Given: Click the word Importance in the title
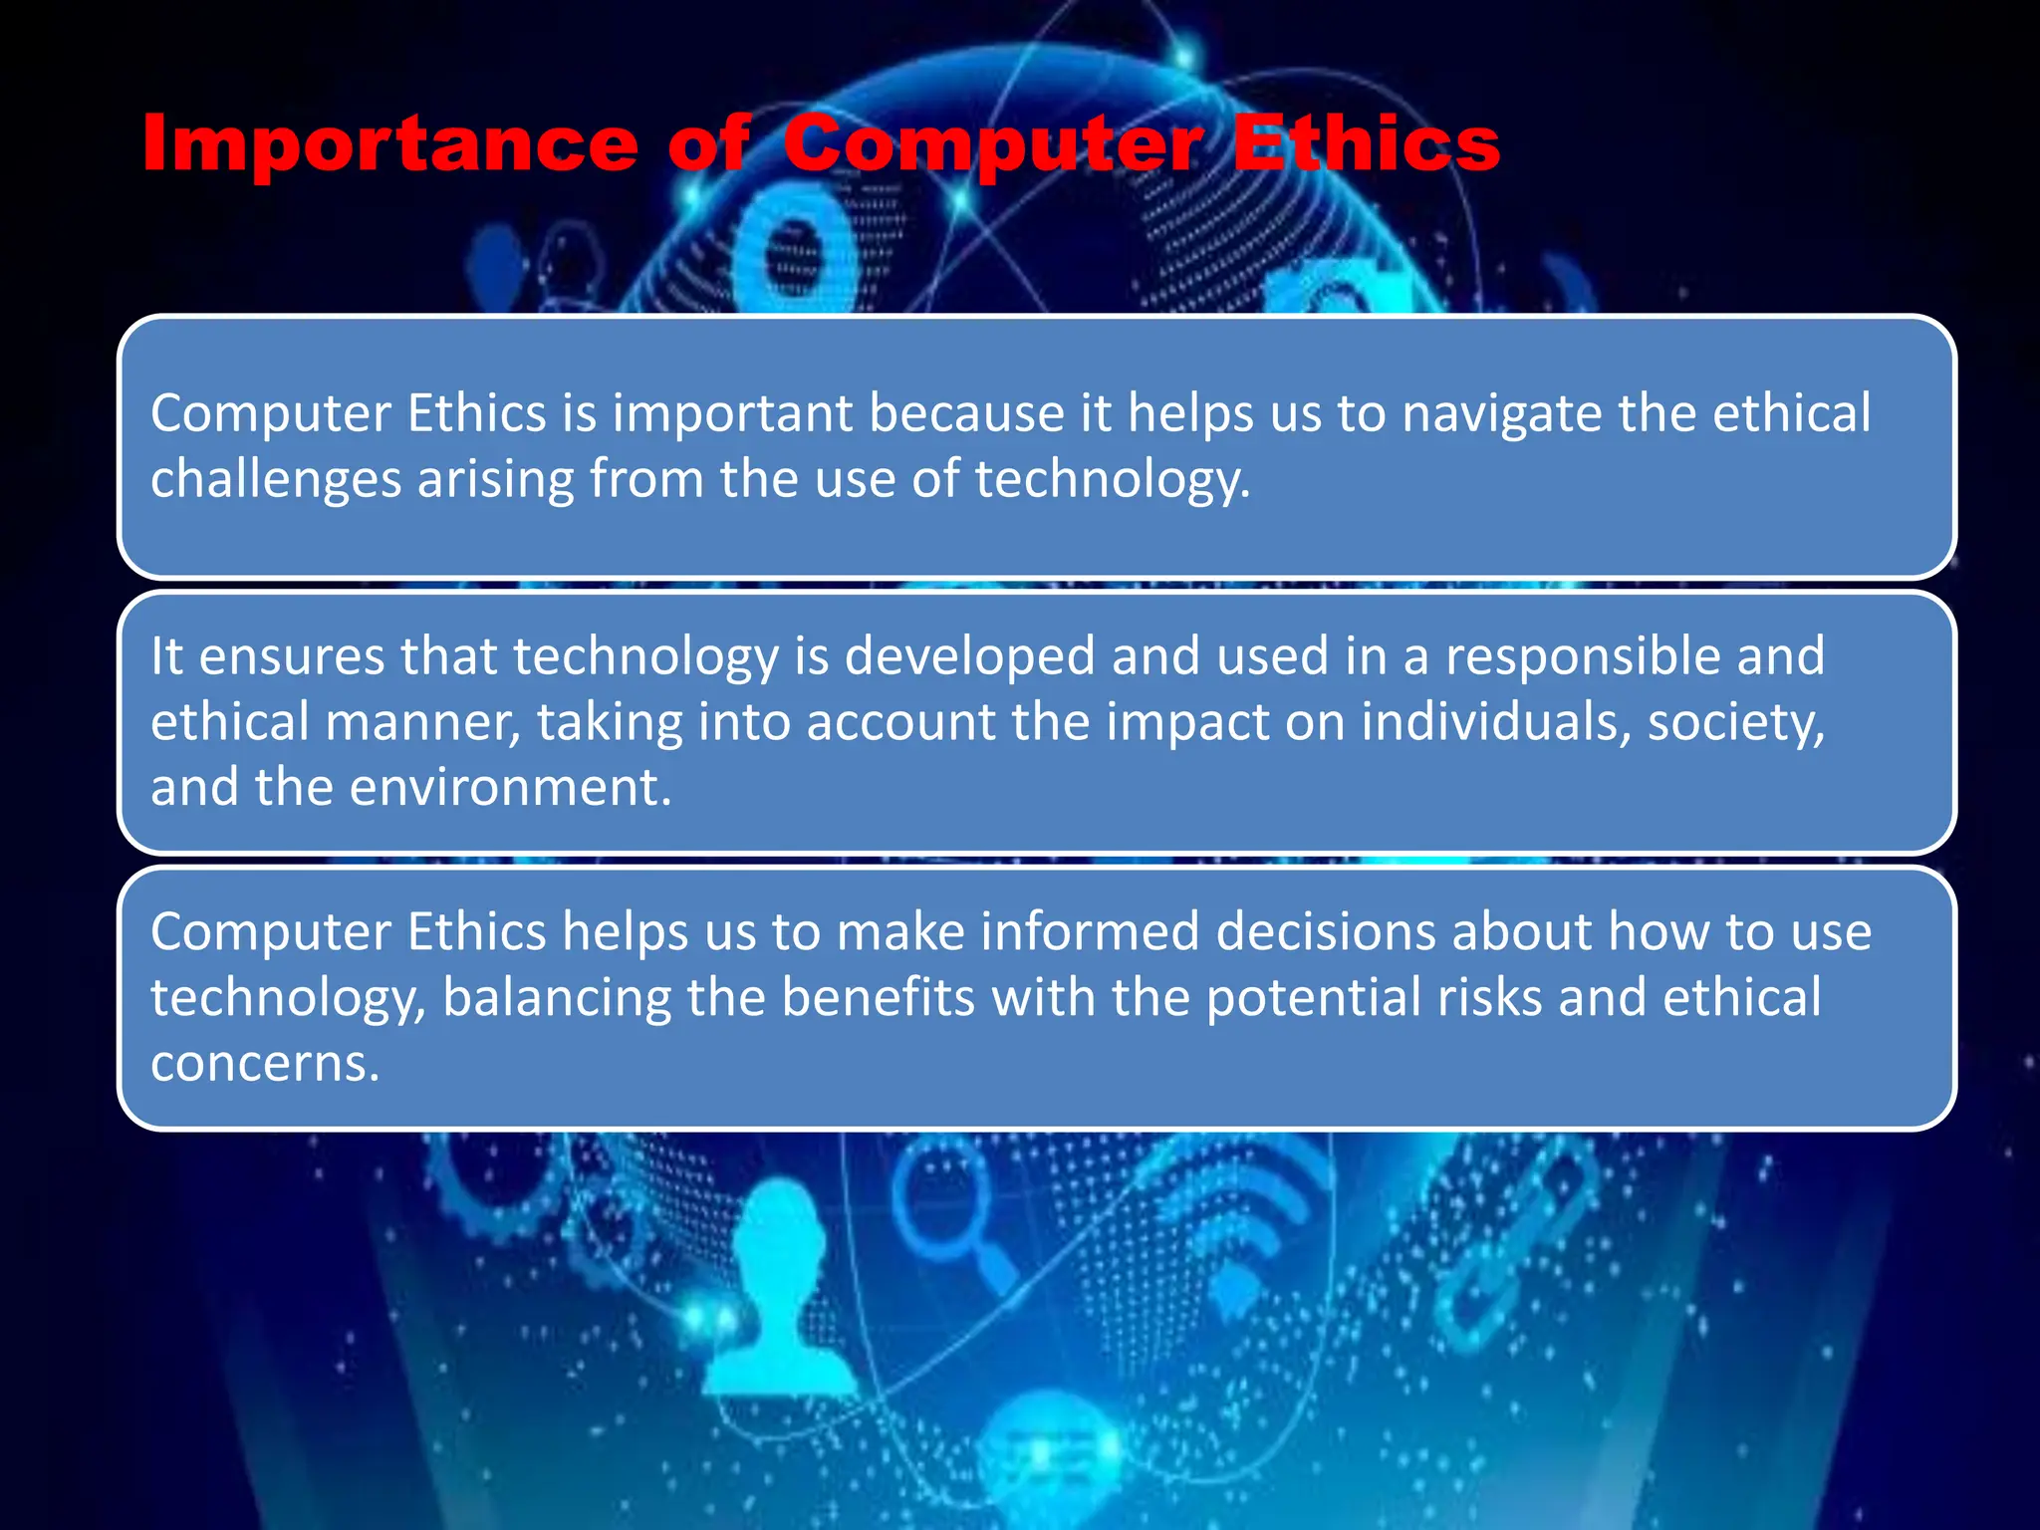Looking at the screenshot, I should (x=389, y=145).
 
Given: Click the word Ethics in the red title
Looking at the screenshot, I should (x=1366, y=145).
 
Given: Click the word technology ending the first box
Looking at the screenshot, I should (x=1111, y=480).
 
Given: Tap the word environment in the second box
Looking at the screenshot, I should (x=510, y=788).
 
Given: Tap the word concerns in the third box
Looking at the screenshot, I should (x=264, y=1064).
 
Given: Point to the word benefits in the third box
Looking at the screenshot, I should (x=877, y=998).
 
